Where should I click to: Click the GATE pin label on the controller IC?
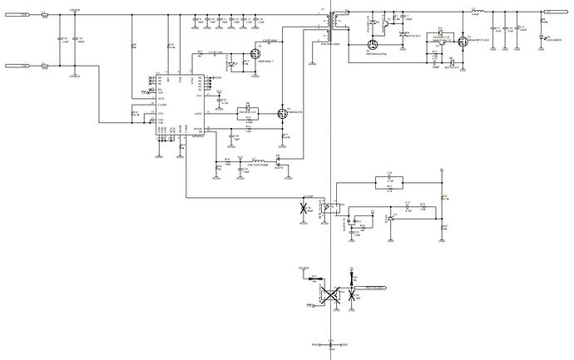(198, 112)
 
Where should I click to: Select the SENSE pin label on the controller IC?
(197, 129)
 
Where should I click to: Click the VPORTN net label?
(75, 76)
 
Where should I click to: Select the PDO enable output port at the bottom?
(379, 290)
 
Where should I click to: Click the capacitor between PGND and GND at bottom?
(331, 343)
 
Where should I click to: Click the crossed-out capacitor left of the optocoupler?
(304, 207)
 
